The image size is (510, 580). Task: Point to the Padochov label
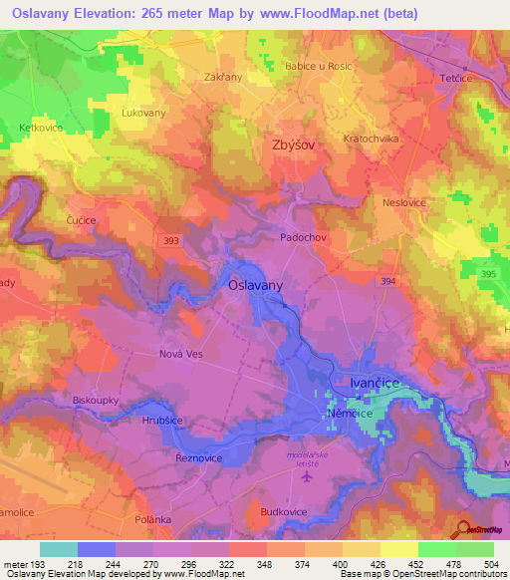pos(303,239)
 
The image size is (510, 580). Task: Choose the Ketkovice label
pos(41,130)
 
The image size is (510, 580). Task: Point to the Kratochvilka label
pos(371,139)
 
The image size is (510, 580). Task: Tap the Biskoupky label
pos(97,401)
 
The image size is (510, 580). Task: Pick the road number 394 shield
pos(387,283)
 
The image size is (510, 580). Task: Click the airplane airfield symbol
pos(305,476)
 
